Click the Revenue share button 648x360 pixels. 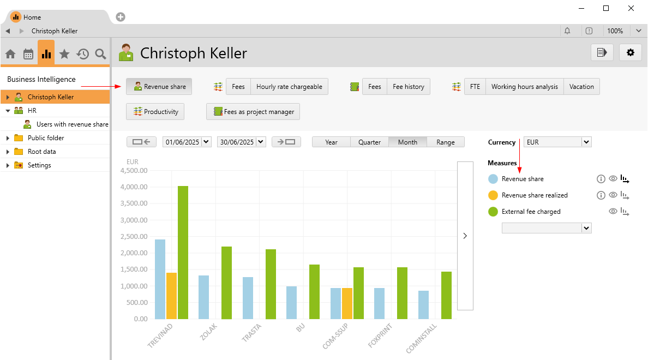point(159,87)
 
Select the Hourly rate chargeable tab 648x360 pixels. point(289,87)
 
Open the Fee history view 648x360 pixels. point(409,87)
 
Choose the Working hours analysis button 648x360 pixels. point(524,87)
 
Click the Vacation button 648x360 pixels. point(581,87)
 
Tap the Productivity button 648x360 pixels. point(155,112)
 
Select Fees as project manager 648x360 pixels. point(253,112)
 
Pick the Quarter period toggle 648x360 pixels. point(369,142)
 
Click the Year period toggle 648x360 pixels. point(331,142)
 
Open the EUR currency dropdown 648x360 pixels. point(557,142)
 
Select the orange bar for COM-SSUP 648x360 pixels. point(347,303)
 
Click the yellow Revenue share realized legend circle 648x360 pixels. point(493,195)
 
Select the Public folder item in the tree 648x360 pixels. point(46,138)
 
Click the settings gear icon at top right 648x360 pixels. point(631,52)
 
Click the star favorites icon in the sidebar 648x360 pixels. point(64,54)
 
